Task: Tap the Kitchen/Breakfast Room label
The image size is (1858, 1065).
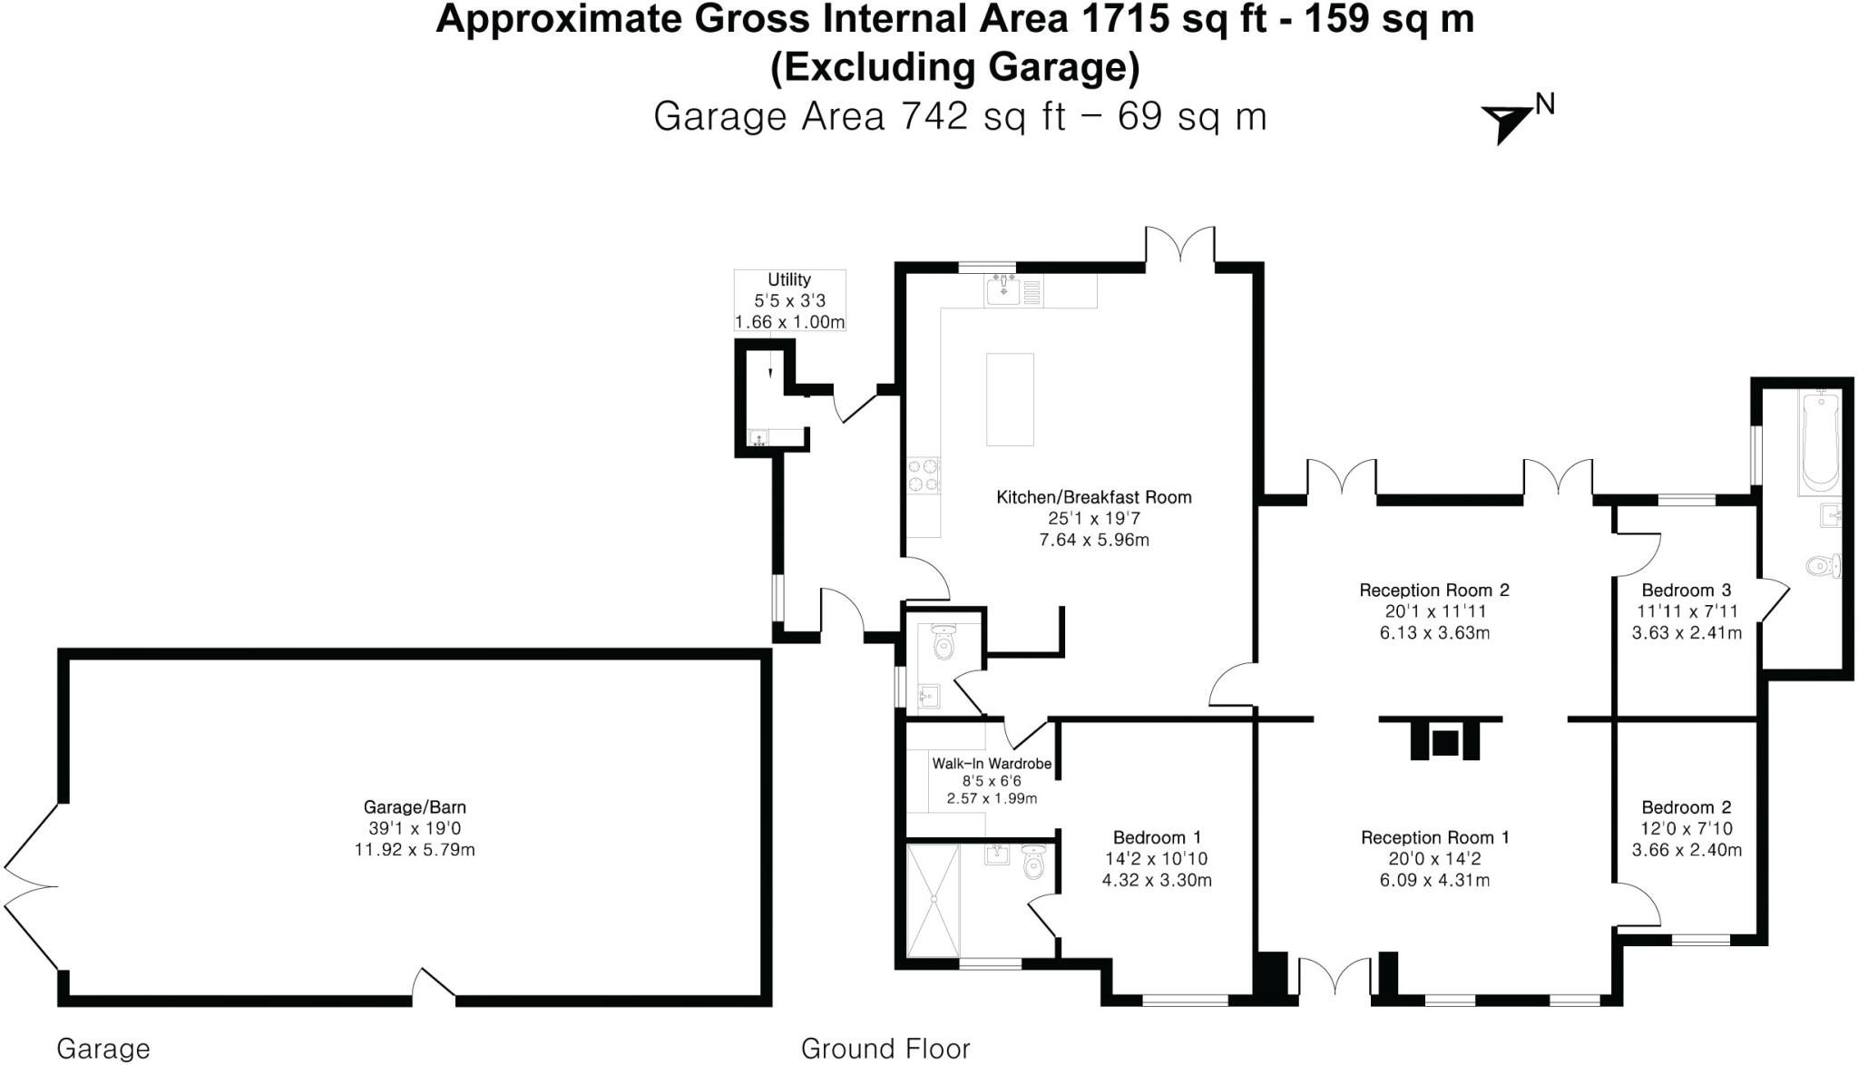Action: tap(1093, 497)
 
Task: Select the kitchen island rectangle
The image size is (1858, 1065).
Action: tap(1010, 399)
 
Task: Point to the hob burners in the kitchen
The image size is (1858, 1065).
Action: tap(924, 476)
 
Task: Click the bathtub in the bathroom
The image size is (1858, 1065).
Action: tap(1819, 441)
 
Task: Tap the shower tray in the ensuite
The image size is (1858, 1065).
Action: tap(933, 900)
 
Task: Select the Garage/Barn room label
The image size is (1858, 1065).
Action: tap(415, 807)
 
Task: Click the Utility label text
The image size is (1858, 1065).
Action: tap(788, 279)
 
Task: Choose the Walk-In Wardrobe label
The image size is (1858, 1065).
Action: tap(992, 764)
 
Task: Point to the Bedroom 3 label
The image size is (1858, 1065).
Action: tap(1686, 591)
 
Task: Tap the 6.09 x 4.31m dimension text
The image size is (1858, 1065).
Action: tap(1434, 880)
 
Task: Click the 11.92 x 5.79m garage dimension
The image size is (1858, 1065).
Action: tap(415, 850)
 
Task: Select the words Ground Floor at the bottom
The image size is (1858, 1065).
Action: tap(885, 1049)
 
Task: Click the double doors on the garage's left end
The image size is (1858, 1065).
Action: tap(32, 887)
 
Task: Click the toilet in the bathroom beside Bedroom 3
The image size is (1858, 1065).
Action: tap(1822, 567)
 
